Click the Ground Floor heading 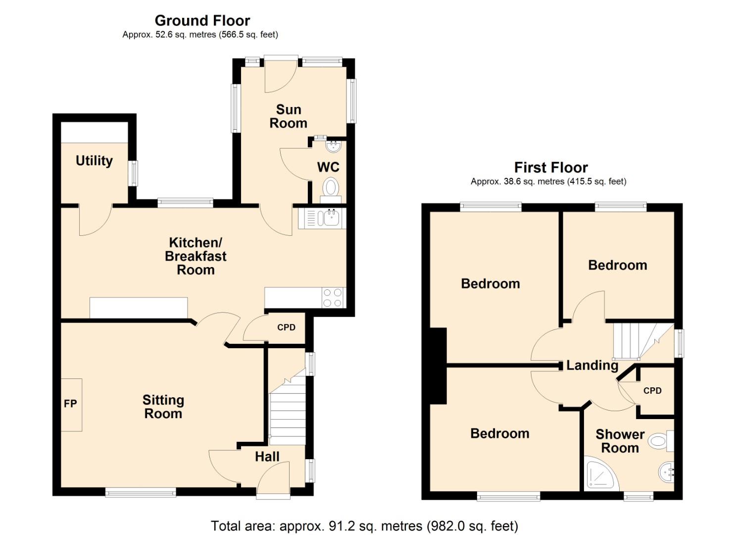click(x=202, y=20)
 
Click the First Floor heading click(x=550, y=167)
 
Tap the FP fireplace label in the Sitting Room click(x=70, y=404)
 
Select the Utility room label click(x=94, y=160)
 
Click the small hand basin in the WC click(x=334, y=146)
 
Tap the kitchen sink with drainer click(x=322, y=218)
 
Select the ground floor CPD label click(x=286, y=327)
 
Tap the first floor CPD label click(x=652, y=391)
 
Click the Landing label click(x=592, y=366)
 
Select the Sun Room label click(x=288, y=116)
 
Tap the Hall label click(x=267, y=457)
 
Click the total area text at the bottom click(x=364, y=526)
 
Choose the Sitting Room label click(x=163, y=407)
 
